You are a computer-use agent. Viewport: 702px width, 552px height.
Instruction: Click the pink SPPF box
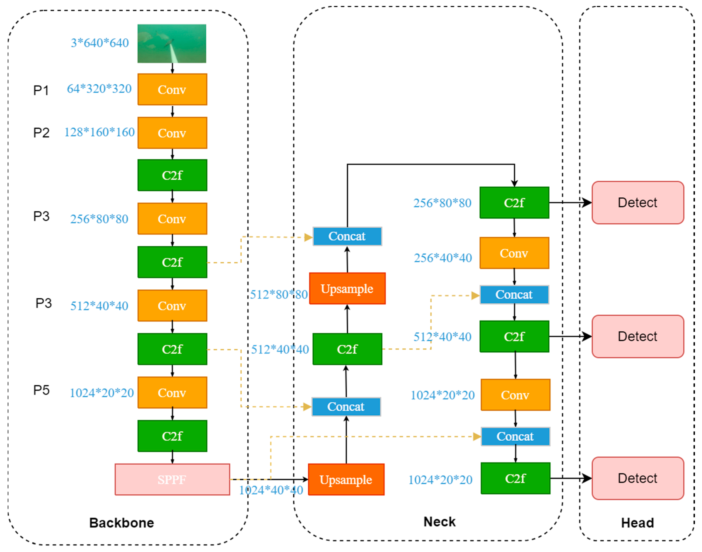pyautogui.click(x=172, y=479)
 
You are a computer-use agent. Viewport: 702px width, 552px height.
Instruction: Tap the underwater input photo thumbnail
pyautogui.click(x=172, y=43)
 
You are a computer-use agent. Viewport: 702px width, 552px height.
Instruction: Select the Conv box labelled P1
pyautogui.click(x=172, y=89)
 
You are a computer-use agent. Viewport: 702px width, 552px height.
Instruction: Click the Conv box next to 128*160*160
pyautogui.click(x=172, y=133)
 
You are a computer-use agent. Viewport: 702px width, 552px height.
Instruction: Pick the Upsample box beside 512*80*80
pyautogui.click(x=347, y=288)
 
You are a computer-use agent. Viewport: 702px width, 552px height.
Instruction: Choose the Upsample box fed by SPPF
pyautogui.click(x=346, y=479)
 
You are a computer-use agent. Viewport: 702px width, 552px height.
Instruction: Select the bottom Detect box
pyautogui.click(x=638, y=478)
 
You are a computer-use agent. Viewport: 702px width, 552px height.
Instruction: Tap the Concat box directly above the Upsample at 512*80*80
pyautogui.click(x=347, y=236)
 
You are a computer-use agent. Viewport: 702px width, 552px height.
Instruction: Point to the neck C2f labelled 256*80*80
pyautogui.click(x=514, y=203)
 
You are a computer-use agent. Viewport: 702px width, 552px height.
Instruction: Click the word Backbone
pyautogui.click(x=121, y=523)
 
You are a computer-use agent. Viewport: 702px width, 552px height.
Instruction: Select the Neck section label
pyautogui.click(x=439, y=522)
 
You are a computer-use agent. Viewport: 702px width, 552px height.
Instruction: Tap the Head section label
pyautogui.click(x=637, y=523)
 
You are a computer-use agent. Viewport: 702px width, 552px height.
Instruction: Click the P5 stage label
pyautogui.click(x=41, y=390)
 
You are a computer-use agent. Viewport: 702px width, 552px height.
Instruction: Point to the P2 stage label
pyautogui.click(x=41, y=133)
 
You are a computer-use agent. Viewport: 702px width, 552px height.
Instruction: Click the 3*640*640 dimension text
pyautogui.click(x=100, y=43)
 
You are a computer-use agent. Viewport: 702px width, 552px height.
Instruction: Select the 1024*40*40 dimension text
pyautogui.click(x=271, y=490)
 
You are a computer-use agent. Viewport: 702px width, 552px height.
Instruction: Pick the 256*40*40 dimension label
pyautogui.click(x=443, y=258)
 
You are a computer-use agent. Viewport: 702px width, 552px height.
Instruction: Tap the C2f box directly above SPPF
pyautogui.click(x=172, y=436)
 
